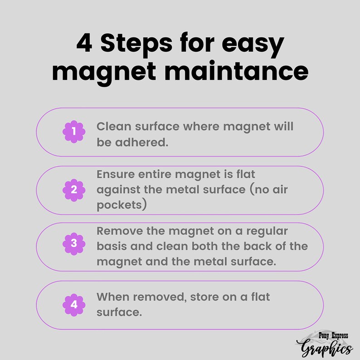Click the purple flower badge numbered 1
pos(74,131)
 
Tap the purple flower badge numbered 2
pos(74,190)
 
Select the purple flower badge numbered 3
pos(74,243)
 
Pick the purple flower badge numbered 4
pos(74,305)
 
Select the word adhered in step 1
pos(141,142)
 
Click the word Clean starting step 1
pos(115,126)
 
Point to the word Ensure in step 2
pos(116,174)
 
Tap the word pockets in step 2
pos(119,205)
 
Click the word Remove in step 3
pos(120,231)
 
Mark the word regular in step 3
pos(267,232)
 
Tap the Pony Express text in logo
pos(333,336)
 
